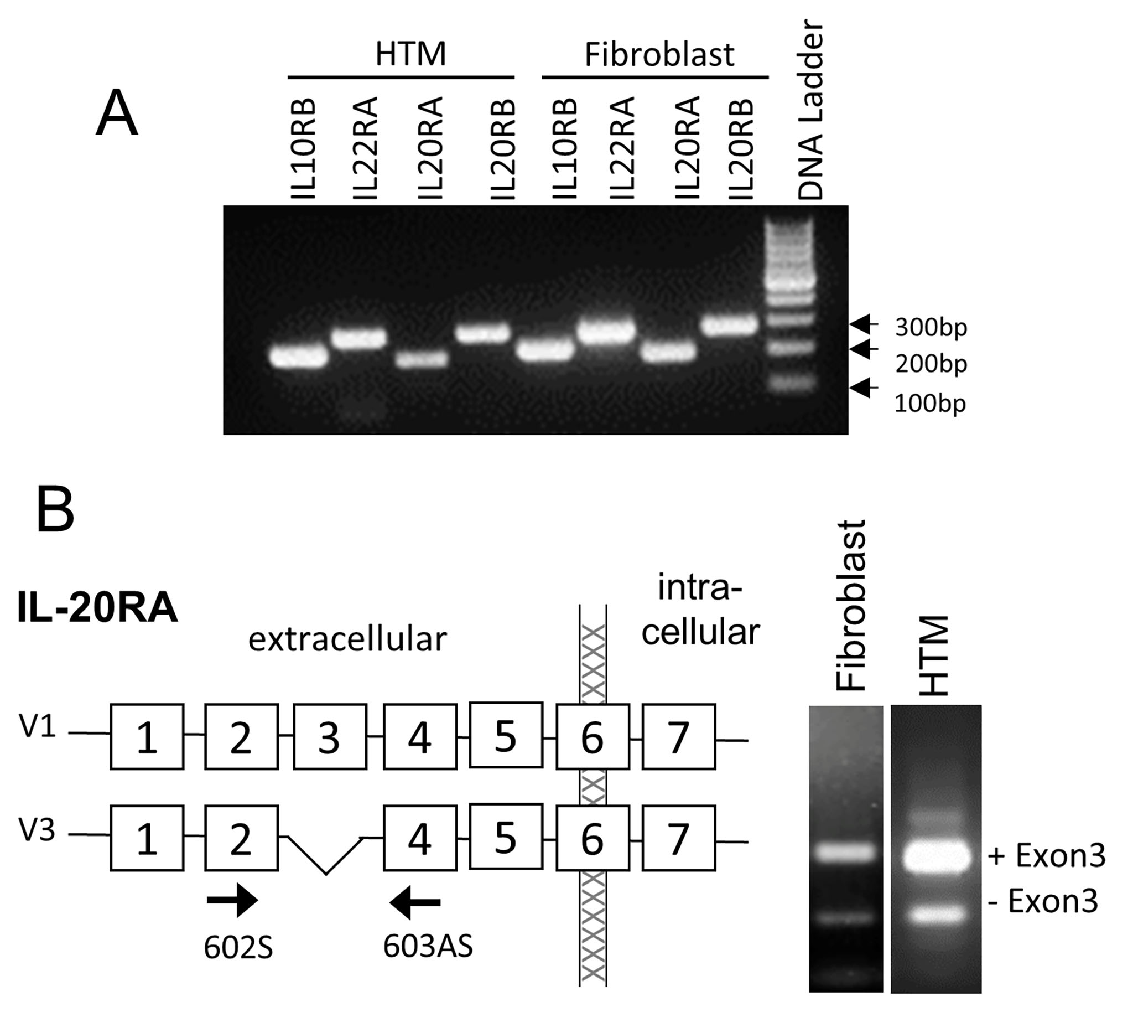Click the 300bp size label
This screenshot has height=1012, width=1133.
[x=931, y=328]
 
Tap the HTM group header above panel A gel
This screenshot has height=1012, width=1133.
[x=410, y=54]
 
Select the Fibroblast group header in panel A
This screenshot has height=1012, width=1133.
[x=659, y=54]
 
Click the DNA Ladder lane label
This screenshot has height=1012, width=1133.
[x=809, y=110]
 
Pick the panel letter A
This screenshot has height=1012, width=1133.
[x=117, y=114]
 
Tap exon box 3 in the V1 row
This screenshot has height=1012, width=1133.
[x=330, y=737]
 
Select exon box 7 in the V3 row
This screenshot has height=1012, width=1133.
[x=678, y=838]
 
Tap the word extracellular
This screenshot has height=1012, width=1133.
[x=347, y=639]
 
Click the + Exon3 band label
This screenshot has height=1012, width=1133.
[x=1046, y=856]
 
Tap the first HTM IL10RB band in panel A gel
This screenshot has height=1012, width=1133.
[x=298, y=357]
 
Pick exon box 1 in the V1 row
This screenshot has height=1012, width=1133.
[x=147, y=737]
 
